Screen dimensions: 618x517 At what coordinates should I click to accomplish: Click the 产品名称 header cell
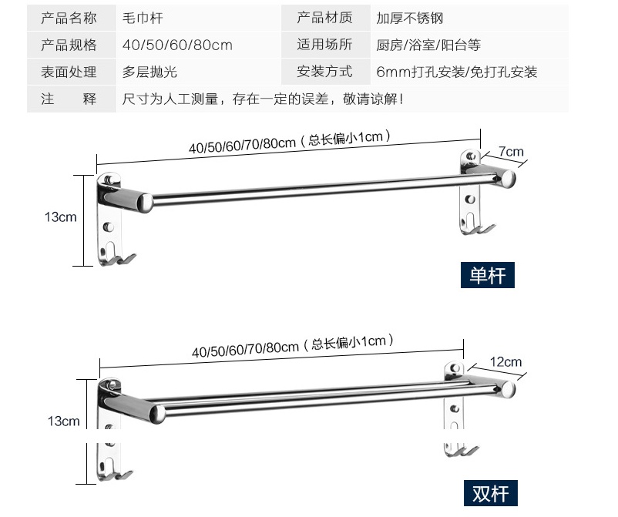tap(72, 18)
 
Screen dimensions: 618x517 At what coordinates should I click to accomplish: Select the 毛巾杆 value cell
tap(199, 18)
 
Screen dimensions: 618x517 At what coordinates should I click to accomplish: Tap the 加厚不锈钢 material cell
tap(469, 18)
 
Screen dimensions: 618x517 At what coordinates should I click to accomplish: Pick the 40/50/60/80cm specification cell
tap(199, 45)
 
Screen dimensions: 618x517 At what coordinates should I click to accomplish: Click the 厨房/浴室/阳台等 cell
tap(469, 45)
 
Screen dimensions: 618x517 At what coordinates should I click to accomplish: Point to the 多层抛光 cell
tap(199, 72)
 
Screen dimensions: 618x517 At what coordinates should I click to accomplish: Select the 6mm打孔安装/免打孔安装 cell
tap(469, 72)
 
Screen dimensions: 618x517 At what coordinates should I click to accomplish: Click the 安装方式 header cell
tap(325, 72)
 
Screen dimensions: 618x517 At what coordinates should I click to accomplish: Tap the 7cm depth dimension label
tap(511, 152)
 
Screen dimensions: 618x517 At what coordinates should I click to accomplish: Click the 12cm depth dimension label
tap(505, 361)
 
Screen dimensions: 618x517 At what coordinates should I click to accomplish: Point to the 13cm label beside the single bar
tap(60, 217)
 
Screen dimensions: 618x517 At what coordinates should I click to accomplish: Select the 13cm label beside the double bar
tap(63, 421)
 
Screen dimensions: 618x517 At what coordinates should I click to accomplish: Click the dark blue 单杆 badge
tap(488, 275)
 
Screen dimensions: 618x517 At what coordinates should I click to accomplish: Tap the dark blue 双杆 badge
tap(491, 493)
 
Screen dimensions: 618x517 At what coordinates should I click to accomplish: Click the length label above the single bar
tap(289, 142)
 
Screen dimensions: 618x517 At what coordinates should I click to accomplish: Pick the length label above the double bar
tap(293, 346)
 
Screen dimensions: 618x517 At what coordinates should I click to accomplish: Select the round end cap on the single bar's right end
tap(508, 180)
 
